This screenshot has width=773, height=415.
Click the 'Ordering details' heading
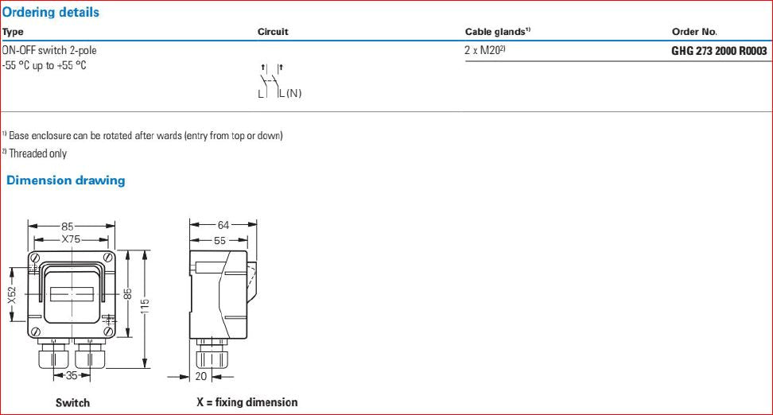[x=50, y=12]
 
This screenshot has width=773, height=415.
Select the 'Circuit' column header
[x=273, y=32]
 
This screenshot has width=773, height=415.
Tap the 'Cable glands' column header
[x=497, y=32]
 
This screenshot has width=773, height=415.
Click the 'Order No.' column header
[x=694, y=32]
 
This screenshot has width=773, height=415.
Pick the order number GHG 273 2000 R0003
[x=719, y=51]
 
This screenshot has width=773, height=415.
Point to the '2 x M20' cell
[x=485, y=50]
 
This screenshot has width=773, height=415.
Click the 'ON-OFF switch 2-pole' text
[x=49, y=50]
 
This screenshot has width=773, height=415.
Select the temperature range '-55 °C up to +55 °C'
[x=44, y=65]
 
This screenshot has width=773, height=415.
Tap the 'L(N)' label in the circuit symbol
[x=289, y=93]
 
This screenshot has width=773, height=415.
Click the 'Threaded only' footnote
[x=34, y=153]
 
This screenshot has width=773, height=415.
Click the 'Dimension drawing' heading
[x=65, y=180]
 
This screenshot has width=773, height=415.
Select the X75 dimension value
[x=71, y=239]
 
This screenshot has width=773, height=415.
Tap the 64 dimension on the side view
[x=223, y=225]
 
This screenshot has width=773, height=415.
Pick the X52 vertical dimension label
[x=12, y=296]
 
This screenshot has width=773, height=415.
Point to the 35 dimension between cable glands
[x=72, y=375]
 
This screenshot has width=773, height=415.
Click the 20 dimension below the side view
[x=201, y=377]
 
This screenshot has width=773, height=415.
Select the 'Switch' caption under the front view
[x=72, y=403]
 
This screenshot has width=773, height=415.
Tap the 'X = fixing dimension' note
[x=247, y=402]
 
